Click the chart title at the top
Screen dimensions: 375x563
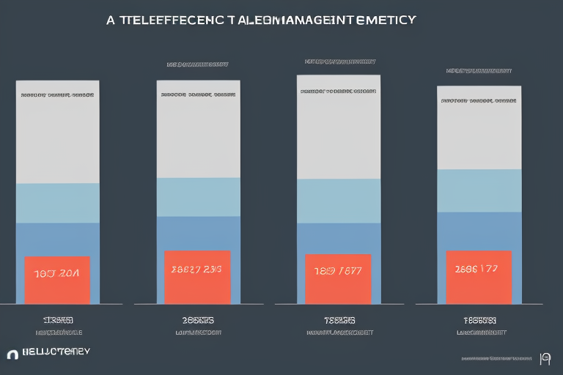(261, 20)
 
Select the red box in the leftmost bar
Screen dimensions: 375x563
(57, 280)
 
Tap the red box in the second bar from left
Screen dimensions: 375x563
(197, 277)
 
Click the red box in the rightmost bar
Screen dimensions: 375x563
(478, 277)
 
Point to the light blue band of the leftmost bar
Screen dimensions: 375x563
(57, 203)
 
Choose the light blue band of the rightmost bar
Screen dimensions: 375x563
(479, 190)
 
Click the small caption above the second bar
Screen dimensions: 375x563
(198, 64)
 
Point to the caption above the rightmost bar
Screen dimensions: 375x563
(479, 71)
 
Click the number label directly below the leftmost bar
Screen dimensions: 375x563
(56, 320)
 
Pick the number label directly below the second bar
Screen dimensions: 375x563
(198, 320)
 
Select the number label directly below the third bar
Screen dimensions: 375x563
(339, 320)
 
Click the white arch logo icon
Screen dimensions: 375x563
(12, 354)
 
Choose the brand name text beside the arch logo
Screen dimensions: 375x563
(56, 352)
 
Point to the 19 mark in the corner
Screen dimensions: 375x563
(545, 358)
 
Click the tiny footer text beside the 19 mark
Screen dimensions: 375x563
(496, 359)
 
